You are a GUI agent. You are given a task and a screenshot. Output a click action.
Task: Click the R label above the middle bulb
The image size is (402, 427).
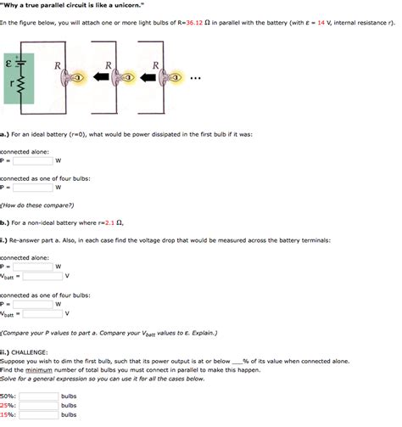click(x=109, y=65)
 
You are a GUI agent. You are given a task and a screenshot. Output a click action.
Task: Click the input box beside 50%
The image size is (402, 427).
click(x=38, y=396)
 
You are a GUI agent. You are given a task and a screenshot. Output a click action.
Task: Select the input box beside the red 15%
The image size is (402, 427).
click(x=38, y=414)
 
